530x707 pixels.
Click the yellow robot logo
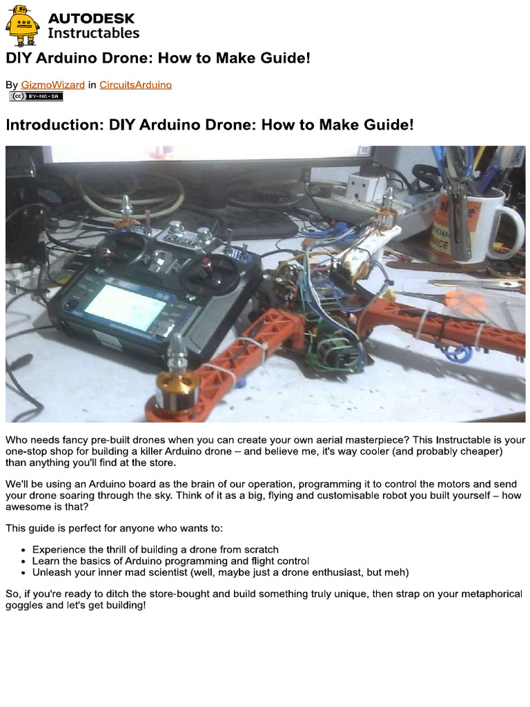click(x=23, y=25)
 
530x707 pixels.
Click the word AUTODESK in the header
click(x=91, y=18)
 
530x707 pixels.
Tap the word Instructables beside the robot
click(x=93, y=33)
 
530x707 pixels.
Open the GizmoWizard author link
click(x=53, y=85)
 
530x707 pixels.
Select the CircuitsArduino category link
click(x=135, y=85)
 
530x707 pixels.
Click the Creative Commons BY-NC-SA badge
click(x=36, y=97)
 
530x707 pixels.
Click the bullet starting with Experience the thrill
click(x=155, y=550)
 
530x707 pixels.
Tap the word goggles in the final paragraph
click(x=25, y=605)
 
